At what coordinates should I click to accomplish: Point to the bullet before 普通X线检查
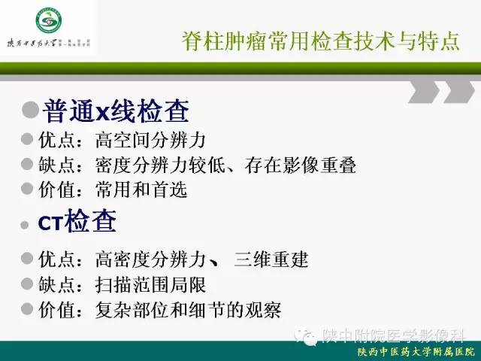pos(31,111)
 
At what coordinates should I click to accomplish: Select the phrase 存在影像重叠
pos(301,165)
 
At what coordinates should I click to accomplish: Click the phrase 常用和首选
pos(141,191)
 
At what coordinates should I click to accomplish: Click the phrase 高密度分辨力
pos(150,260)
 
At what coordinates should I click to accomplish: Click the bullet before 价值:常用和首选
pos(27,190)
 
